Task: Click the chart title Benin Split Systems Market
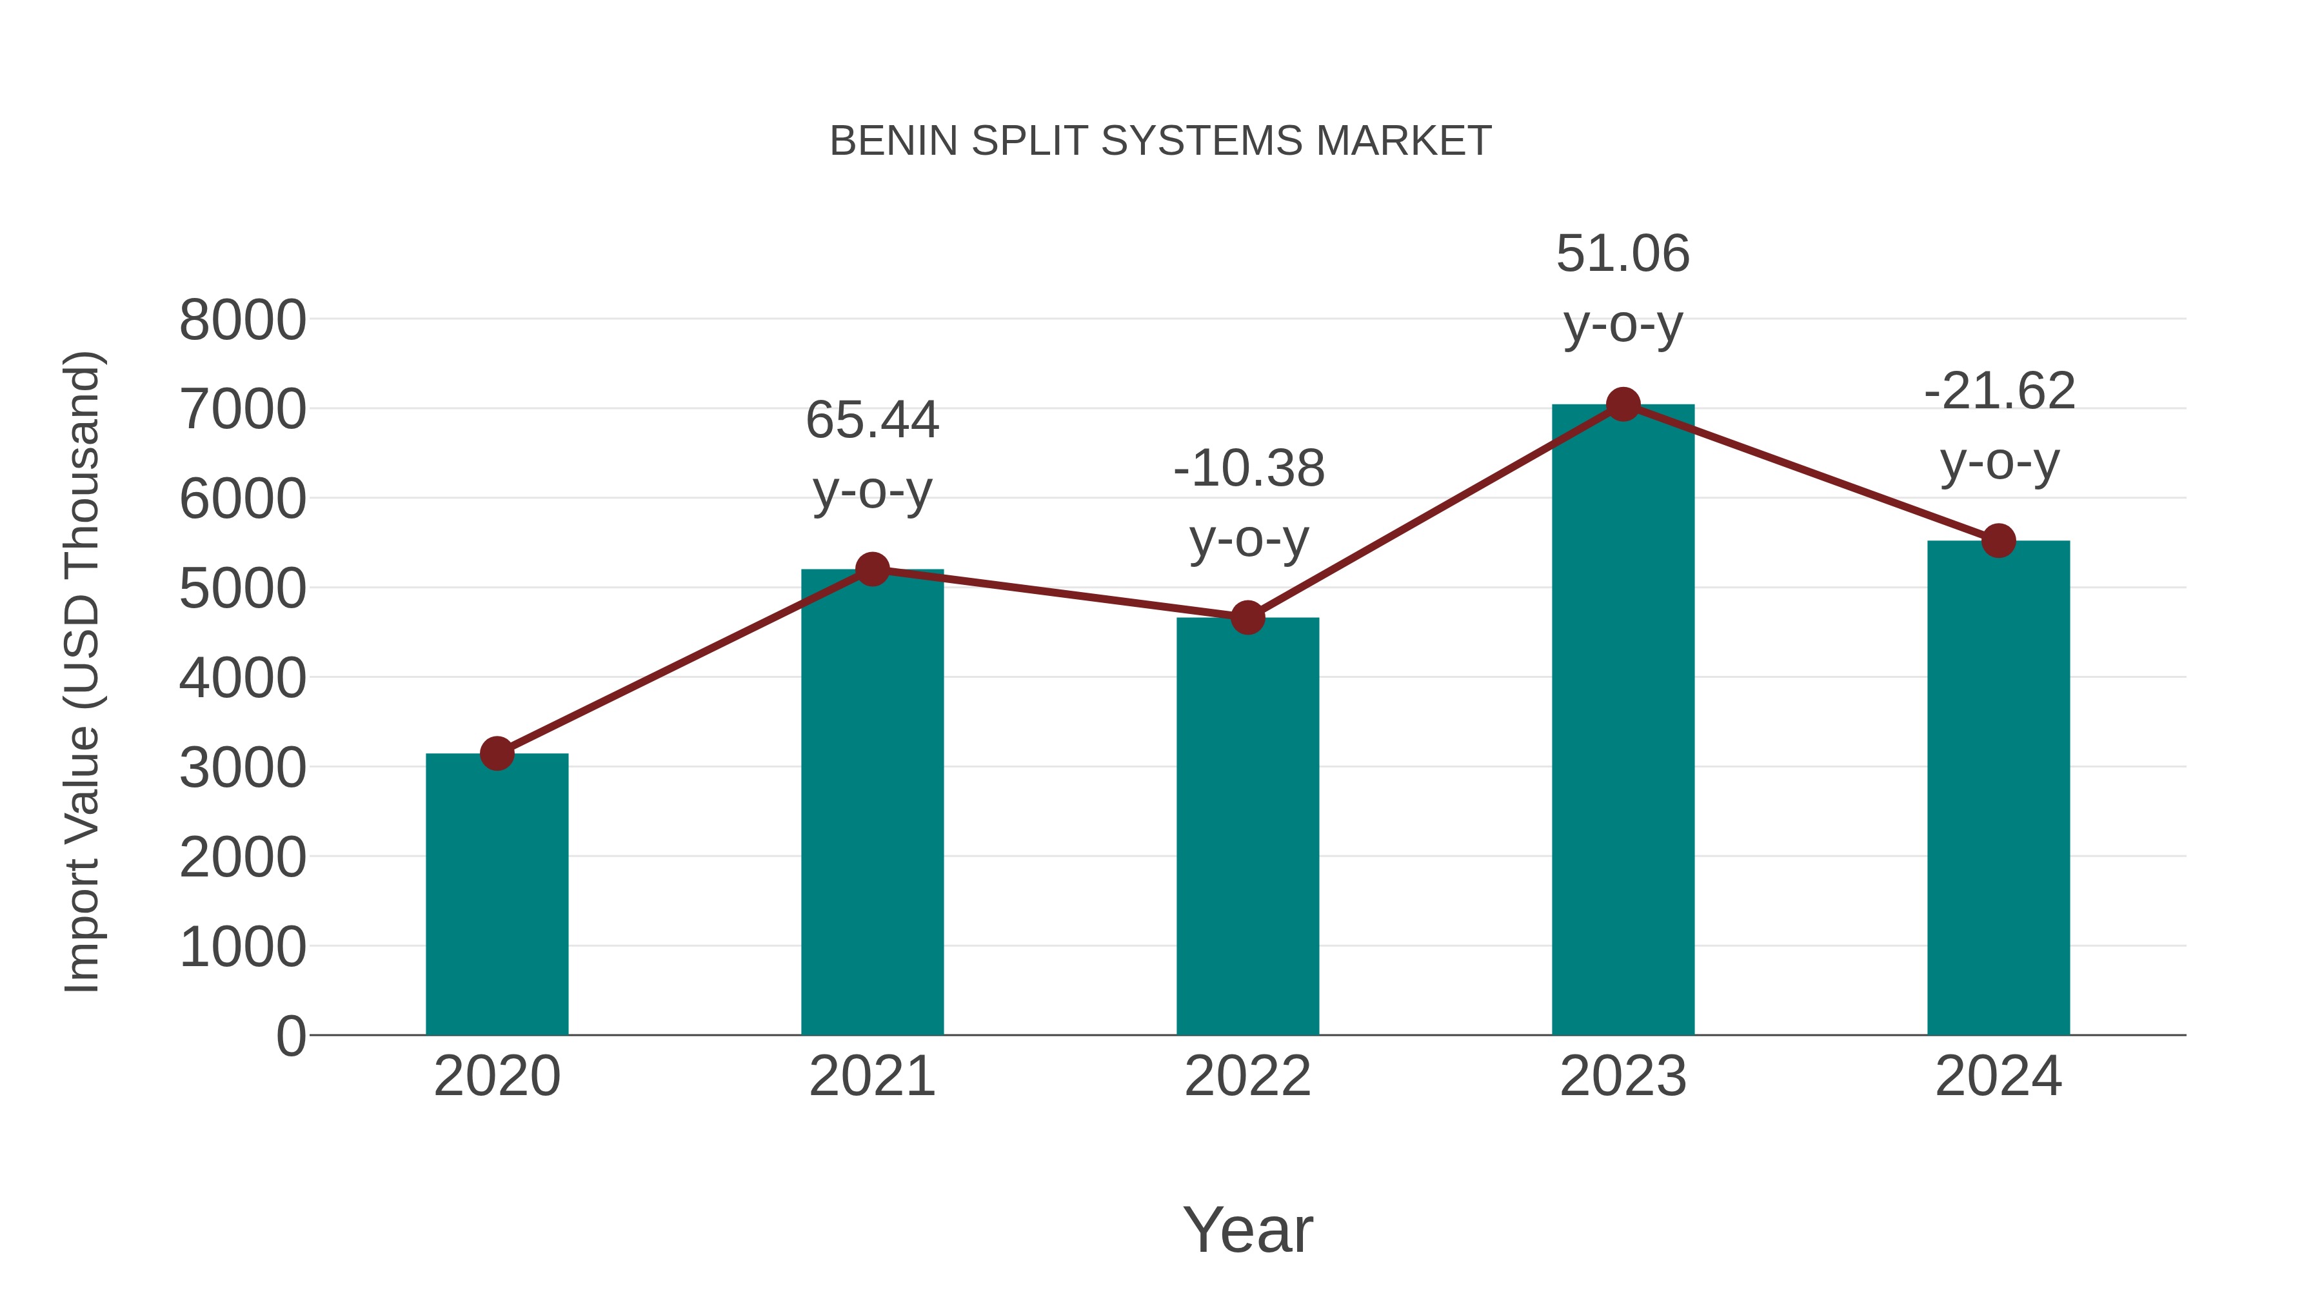click(x=1160, y=141)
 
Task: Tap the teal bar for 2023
click(x=1623, y=721)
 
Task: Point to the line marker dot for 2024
click(x=1998, y=541)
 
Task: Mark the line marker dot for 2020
click(x=497, y=753)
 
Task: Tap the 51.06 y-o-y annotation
click(x=1623, y=288)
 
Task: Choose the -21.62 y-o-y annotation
click(x=1999, y=426)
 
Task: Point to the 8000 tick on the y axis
click(x=243, y=320)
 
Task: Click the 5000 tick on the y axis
click(x=243, y=589)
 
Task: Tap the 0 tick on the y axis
click(x=291, y=1036)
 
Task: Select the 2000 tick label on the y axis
click(x=243, y=858)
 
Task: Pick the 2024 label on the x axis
click(x=1998, y=1076)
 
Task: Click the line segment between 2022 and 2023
click(x=1435, y=511)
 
